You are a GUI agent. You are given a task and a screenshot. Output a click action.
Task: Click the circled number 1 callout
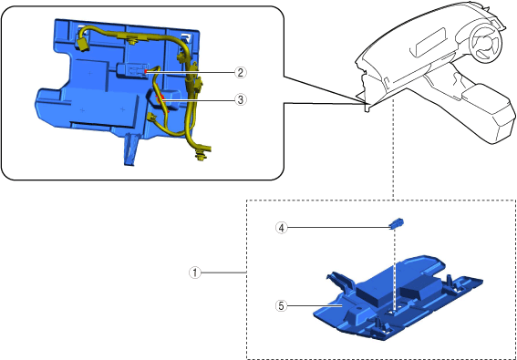tap(195, 273)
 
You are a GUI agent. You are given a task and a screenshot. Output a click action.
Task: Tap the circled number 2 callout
tap(241, 72)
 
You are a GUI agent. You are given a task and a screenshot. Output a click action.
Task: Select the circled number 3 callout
tap(241, 99)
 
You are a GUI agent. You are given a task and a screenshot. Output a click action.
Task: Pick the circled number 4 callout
tap(281, 228)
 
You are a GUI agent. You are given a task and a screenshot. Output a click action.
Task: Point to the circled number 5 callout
tap(281, 306)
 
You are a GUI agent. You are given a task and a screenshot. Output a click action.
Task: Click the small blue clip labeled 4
tap(397, 223)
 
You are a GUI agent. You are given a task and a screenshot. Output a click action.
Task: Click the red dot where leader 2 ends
tap(145, 70)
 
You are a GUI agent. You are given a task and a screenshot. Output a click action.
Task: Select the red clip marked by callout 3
tap(160, 98)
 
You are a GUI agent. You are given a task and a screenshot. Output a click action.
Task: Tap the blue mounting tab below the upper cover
tap(131, 149)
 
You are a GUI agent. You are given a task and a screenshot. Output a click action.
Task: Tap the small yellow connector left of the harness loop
tap(151, 117)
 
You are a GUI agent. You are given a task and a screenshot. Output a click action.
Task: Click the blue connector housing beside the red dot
tap(131, 70)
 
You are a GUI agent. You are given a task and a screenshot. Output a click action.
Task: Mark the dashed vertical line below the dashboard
tap(393, 149)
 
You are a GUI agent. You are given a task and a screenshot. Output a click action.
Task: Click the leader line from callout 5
tap(315, 306)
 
